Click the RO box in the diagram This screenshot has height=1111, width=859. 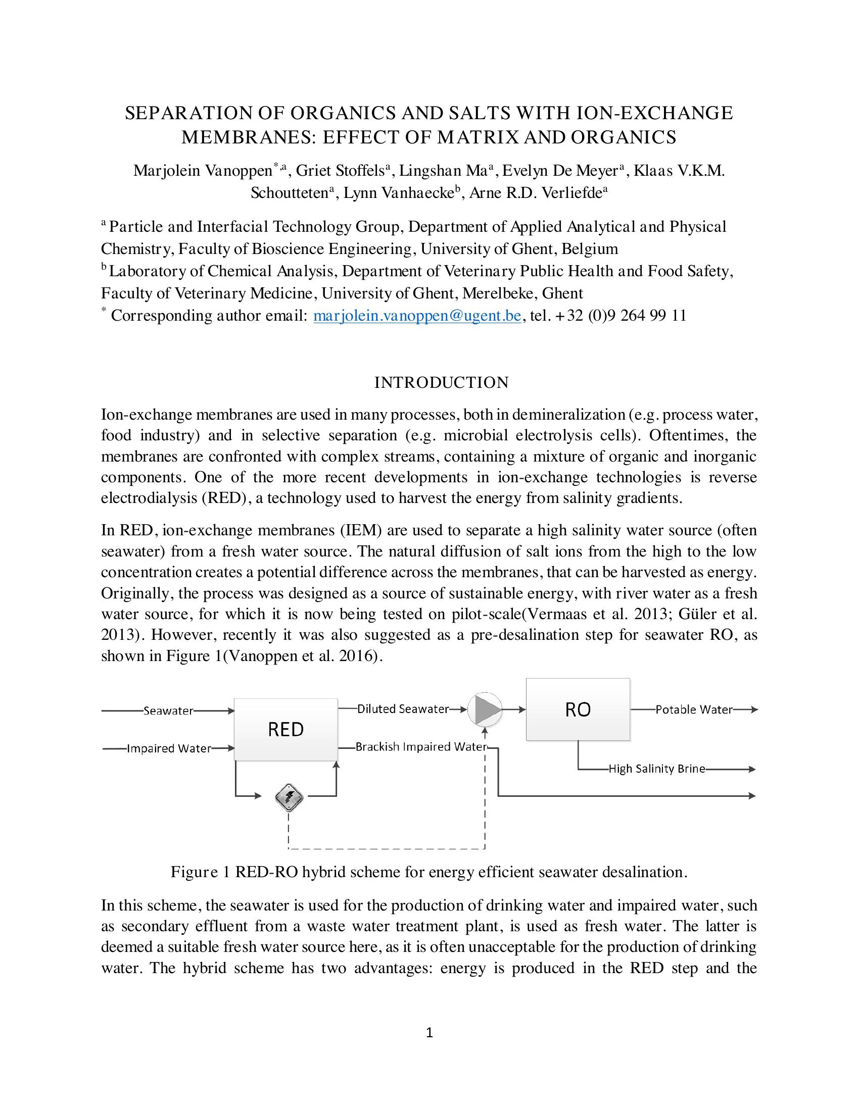tap(578, 709)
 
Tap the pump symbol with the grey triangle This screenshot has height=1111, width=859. tap(485, 709)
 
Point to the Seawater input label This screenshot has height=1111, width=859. tap(168, 711)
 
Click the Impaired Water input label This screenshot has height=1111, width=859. tap(168, 748)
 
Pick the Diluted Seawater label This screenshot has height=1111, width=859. tap(403, 709)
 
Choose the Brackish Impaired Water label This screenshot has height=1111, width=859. tap(421, 747)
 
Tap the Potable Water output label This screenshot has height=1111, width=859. tap(694, 710)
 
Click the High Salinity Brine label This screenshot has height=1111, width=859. tap(656, 769)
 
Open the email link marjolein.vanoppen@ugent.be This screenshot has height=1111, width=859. tap(417, 316)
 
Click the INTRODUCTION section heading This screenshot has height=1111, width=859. tap(441, 383)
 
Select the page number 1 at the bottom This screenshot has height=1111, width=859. tap(429, 1032)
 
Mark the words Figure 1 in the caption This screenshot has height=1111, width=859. tap(202, 872)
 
